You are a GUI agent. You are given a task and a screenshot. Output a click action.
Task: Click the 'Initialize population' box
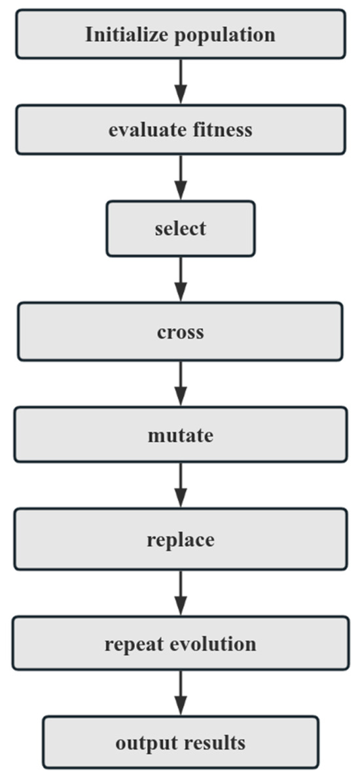180,33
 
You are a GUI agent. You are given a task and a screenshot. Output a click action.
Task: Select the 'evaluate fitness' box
180,130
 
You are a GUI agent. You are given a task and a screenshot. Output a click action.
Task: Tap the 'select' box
180,229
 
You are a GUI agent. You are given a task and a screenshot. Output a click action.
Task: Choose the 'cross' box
180,331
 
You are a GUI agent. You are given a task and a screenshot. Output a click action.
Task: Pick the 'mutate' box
180,435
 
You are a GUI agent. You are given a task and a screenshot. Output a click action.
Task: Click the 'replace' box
180,540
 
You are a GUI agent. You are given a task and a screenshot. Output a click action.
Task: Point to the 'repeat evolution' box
180,643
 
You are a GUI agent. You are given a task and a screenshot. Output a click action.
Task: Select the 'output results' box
180,743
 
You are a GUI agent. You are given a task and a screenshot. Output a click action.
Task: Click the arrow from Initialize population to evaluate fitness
181,81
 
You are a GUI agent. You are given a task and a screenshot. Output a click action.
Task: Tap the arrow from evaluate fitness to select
181,177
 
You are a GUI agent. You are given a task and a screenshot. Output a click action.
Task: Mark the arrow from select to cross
181,279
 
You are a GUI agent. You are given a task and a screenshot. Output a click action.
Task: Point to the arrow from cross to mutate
181,383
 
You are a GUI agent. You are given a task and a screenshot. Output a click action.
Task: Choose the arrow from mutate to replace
181,487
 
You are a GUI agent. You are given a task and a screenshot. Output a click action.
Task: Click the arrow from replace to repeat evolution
181,592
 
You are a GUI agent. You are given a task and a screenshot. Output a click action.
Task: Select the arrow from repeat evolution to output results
181,693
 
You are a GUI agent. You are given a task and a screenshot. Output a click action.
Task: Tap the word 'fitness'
220,130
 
